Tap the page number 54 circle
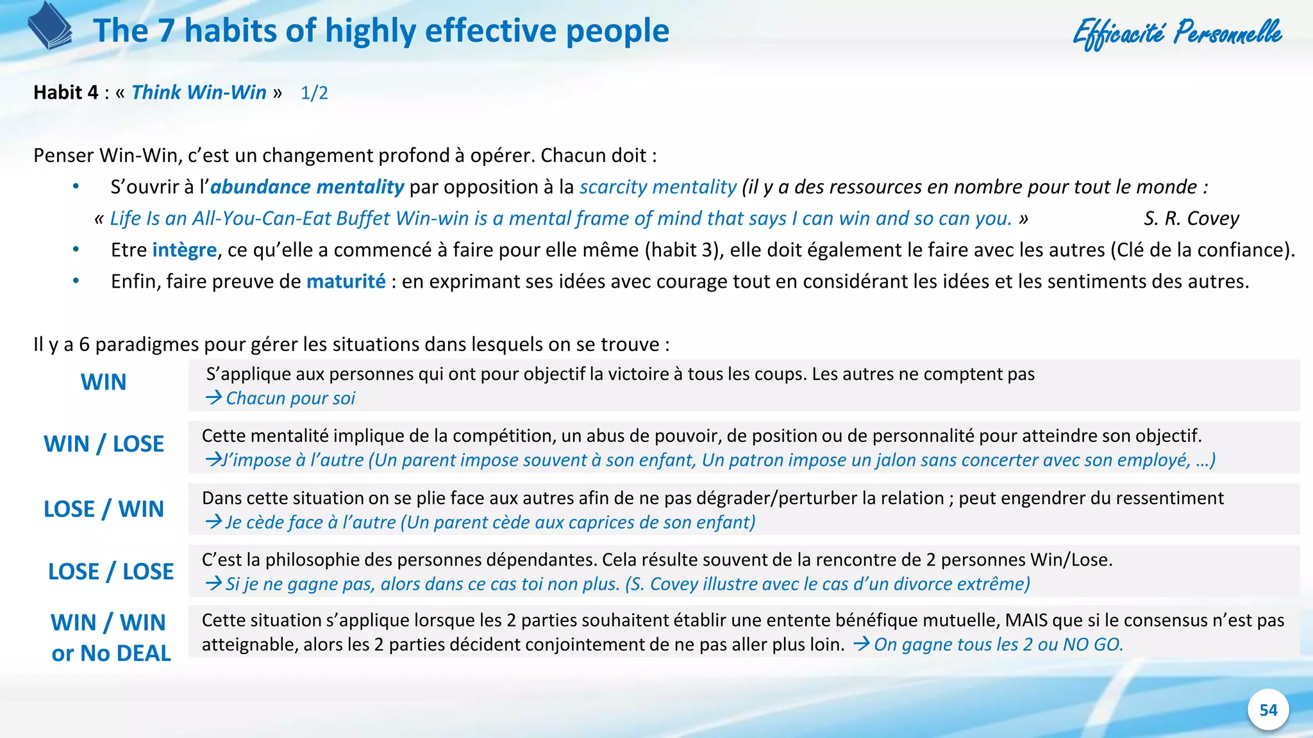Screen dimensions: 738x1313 click(x=1268, y=710)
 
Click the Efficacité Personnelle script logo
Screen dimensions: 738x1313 click(x=1177, y=33)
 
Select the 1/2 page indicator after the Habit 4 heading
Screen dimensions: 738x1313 click(x=314, y=93)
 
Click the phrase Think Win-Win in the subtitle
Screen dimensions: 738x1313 click(x=199, y=92)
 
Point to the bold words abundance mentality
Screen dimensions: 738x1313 click(x=307, y=187)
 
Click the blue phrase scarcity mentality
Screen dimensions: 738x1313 click(x=658, y=187)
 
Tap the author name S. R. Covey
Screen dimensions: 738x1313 click(x=1191, y=218)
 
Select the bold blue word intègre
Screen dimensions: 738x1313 click(x=185, y=250)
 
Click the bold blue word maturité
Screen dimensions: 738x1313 click(x=346, y=281)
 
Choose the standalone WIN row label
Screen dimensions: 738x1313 click(x=103, y=382)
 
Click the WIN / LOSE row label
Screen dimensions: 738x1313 click(x=104, y=444)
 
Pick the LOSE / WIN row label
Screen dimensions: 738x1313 click(x=104, y=509)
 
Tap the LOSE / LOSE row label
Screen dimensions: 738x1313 click(x=111, y=571)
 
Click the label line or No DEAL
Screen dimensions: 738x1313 click(x=111, y=653)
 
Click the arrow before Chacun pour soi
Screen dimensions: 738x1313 click(x=213, y=398)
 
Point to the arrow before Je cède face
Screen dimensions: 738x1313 click(x=213, y=522)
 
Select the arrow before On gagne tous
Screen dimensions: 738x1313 click(x=861, y=644)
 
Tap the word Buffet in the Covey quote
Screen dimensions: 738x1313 click(x=363, y=218)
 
